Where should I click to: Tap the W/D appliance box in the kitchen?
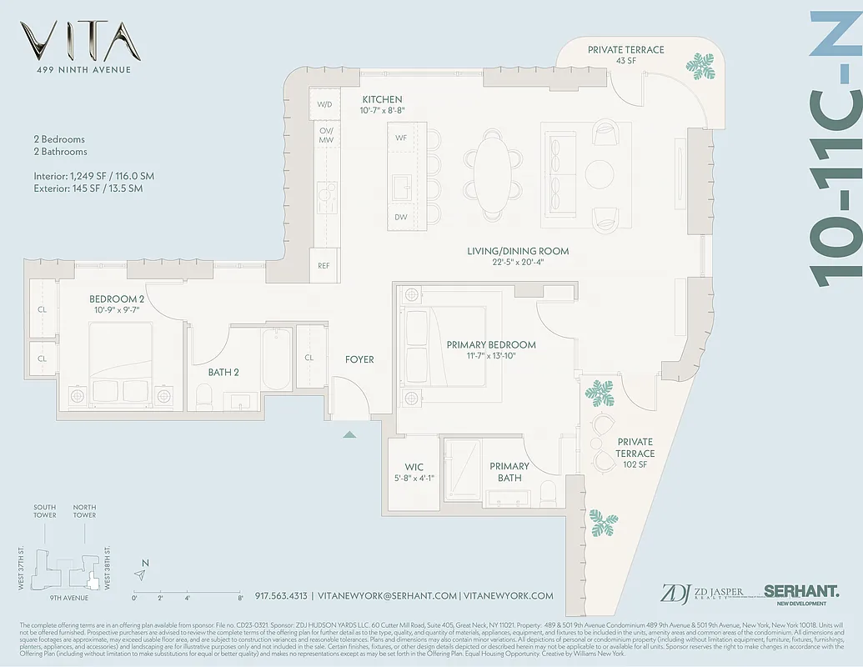click(324, 104)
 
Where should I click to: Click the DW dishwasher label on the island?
click(401, 217)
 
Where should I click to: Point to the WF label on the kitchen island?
click(401, 138)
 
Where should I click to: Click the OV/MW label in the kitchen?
click(324, 136)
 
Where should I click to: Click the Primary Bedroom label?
click(490, 344)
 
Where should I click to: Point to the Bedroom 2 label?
click(118, 299)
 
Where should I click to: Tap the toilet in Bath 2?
click(204, 393)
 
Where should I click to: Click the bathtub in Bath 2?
click(276, 359)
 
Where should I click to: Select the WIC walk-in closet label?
click(414, 467)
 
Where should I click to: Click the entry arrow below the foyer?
click(350, 434)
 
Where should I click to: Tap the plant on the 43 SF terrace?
click(700, 66)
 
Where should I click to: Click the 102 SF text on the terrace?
click(635, 465)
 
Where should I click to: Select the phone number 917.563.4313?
click(282, 596)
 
